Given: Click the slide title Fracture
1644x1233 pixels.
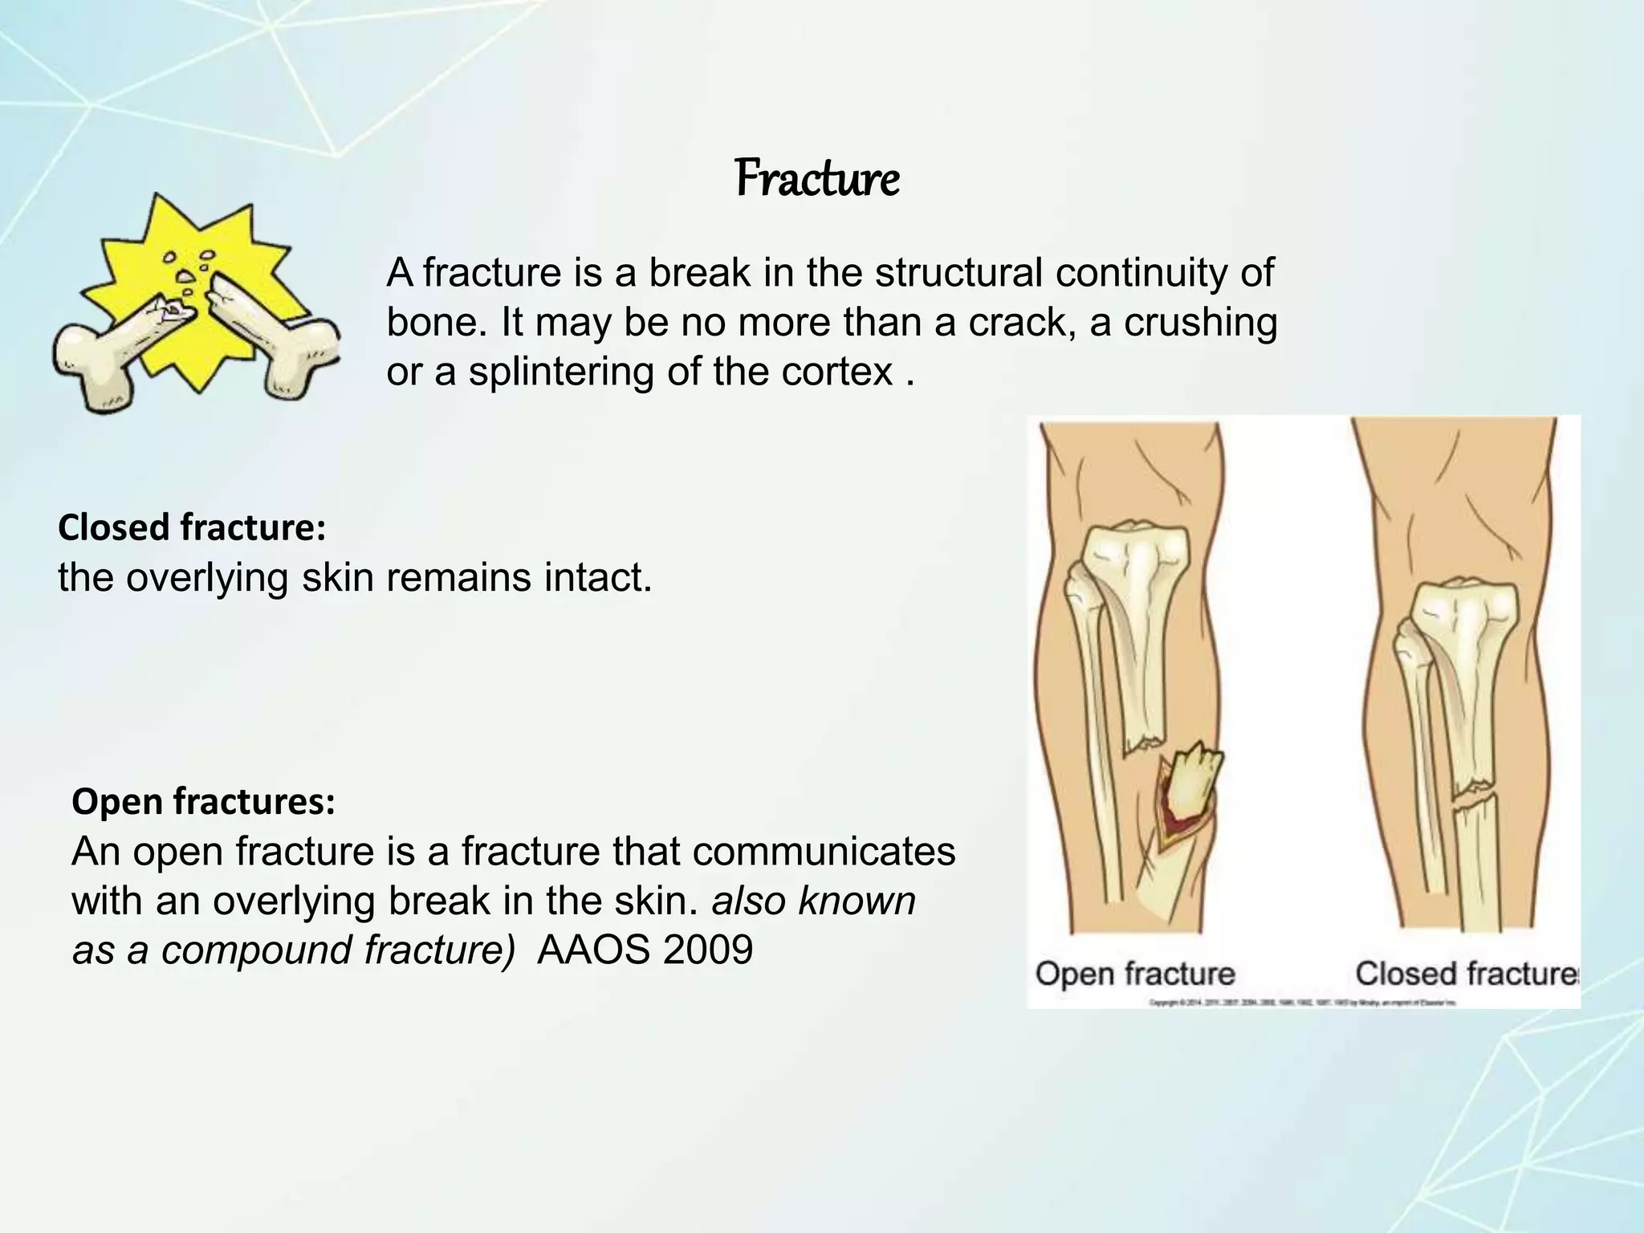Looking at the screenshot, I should point(816,179).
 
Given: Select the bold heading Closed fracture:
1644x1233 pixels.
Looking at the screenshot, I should point(192,527).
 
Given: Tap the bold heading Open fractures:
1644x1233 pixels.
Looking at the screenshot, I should point(203,801).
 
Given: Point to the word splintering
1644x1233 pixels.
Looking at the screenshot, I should point(561,372).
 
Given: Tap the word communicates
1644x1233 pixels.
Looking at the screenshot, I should point(824,851).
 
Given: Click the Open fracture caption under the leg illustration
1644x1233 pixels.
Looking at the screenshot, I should point(1134,974).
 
